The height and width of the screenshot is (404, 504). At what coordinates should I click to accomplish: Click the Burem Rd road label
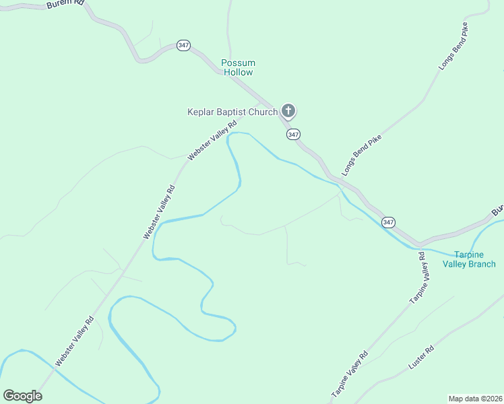66,4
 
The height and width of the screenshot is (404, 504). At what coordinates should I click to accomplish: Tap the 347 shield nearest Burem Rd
183,45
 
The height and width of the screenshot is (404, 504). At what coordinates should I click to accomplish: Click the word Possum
239,63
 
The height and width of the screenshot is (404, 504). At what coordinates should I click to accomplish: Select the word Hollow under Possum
239,72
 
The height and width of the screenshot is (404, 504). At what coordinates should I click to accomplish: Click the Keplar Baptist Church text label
232,112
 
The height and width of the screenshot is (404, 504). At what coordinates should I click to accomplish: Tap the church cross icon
288,110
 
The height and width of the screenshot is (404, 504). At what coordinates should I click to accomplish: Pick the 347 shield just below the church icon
292,134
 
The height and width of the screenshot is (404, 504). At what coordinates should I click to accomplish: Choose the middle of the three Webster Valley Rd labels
159,212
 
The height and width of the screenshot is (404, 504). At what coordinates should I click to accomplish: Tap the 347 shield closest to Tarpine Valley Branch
388,222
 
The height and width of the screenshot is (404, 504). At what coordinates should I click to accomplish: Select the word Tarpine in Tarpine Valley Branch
469,255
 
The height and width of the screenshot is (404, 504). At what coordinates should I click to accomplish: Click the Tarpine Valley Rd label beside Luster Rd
349,374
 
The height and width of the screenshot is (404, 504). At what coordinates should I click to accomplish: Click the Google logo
22,396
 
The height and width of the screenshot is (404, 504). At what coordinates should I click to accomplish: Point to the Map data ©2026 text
475,399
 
